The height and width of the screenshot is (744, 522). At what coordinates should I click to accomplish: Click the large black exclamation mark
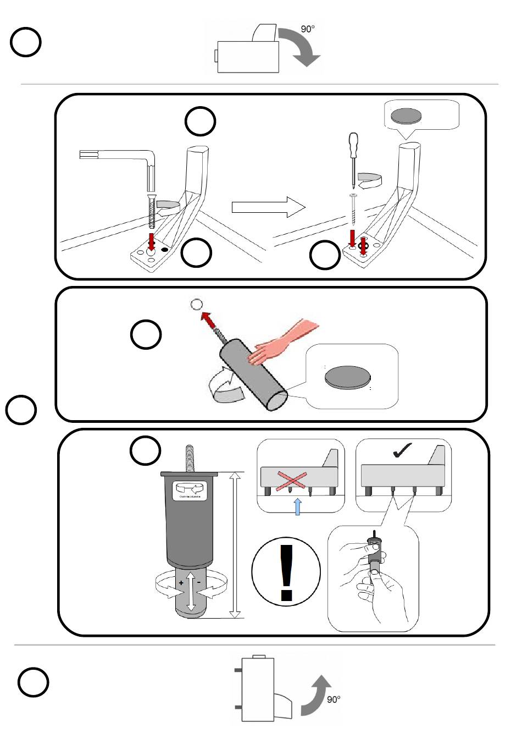pos(286,572)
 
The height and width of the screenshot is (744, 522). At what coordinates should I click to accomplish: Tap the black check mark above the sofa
pos(403,451)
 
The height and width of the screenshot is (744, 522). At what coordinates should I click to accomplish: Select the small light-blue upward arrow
pos(297,506)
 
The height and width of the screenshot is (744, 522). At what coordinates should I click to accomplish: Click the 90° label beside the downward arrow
pos(308,29)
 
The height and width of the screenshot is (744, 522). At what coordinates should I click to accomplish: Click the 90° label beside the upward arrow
pos(334,699)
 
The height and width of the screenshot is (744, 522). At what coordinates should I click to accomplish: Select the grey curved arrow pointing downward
pos(299,47)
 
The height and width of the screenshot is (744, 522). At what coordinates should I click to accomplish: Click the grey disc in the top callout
pos(405,115)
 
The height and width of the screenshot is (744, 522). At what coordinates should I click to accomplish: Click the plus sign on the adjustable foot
pos(181,583)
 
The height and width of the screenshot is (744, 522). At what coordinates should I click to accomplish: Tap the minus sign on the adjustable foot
pos(198,582)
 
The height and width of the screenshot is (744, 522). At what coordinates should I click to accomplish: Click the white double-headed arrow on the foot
pos(191,591)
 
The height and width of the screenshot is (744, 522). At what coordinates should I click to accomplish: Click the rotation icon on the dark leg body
pos(190,488)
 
